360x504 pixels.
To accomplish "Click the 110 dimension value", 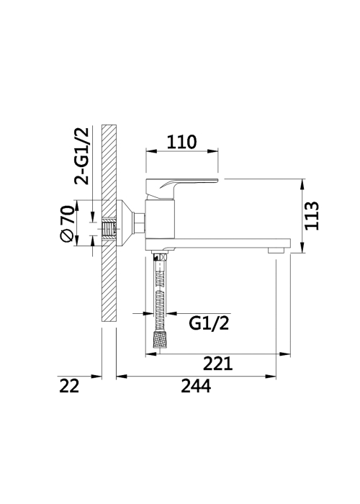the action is coord(181,142).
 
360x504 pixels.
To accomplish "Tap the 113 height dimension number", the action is coord(311,216).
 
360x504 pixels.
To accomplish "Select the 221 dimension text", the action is coord(217,364).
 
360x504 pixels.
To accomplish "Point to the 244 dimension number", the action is coord(196,386).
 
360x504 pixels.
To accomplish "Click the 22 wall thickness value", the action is coord(69,386).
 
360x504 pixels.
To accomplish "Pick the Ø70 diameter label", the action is coord(67,224).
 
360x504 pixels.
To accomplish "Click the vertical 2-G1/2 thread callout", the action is coord(81,156).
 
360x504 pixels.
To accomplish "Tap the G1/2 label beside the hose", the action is coord(209,323).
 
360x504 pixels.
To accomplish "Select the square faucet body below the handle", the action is coord(160,219).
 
